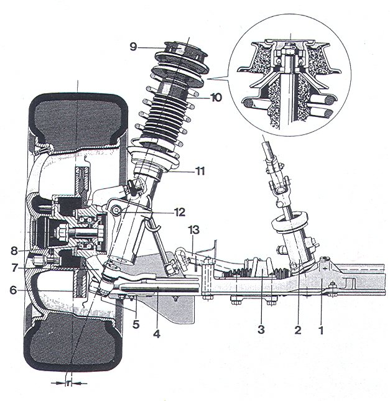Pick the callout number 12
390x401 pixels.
pos(180,213)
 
